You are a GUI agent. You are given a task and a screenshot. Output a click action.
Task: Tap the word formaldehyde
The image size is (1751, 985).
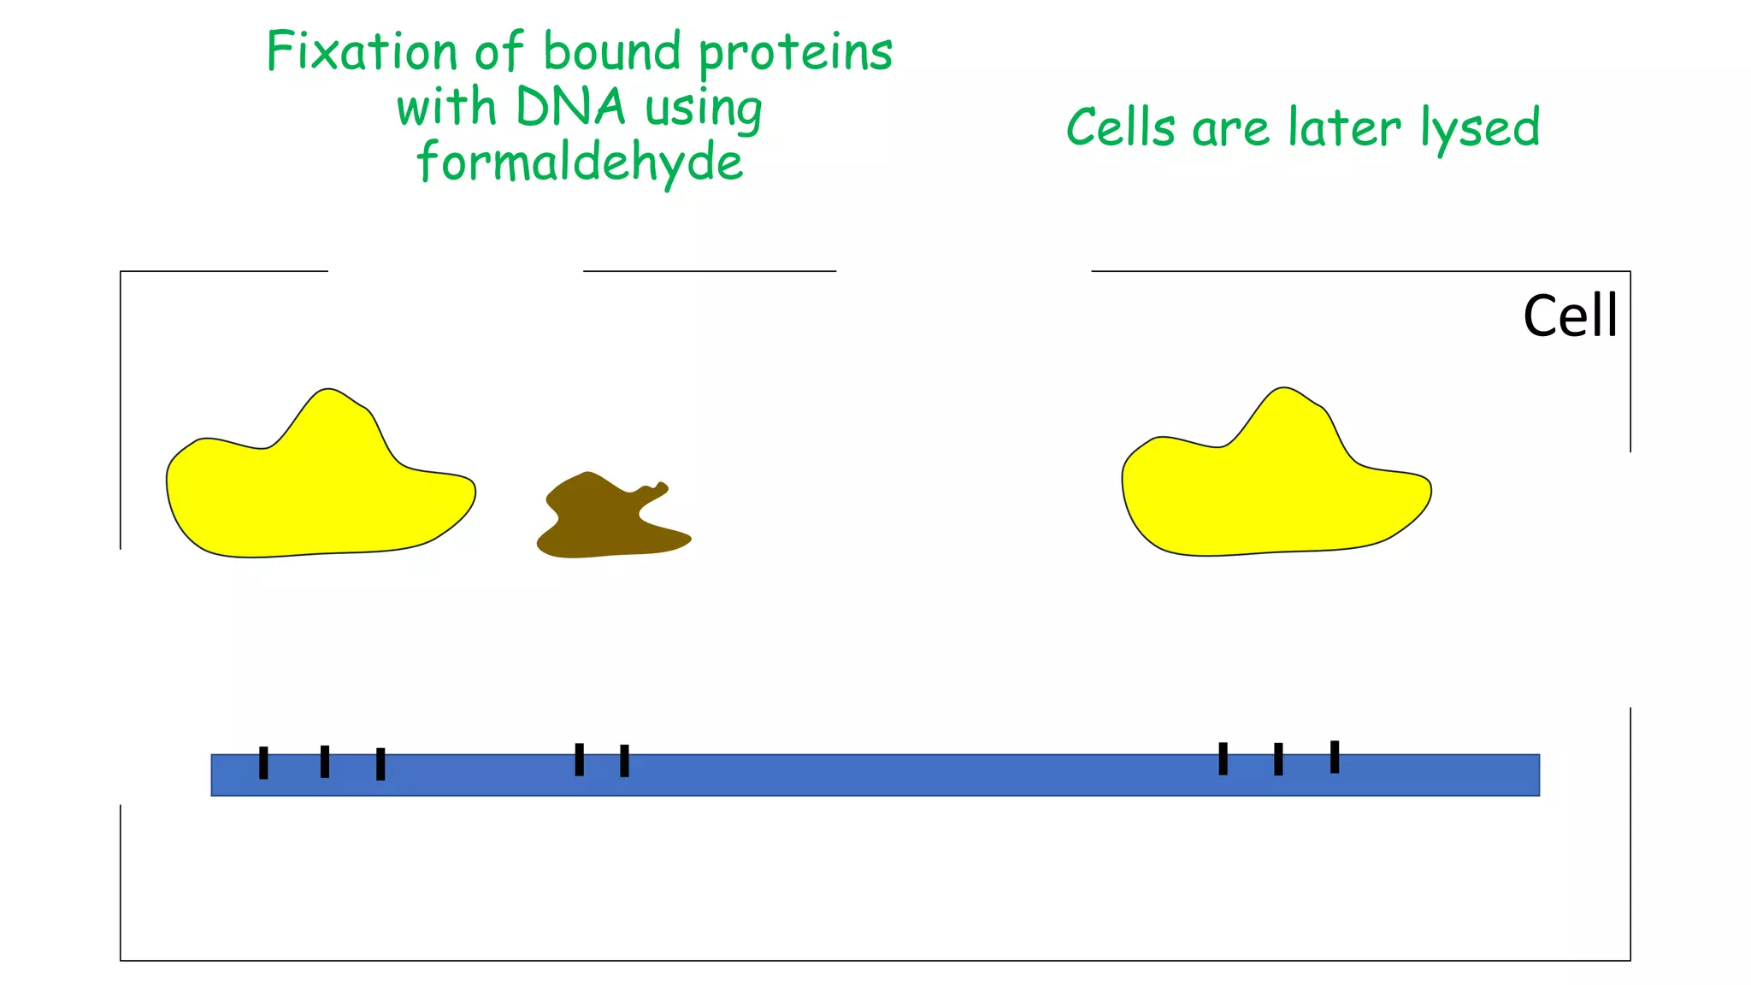click(580, 162)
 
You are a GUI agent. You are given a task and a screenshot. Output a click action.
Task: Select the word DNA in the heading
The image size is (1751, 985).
click(570, 108)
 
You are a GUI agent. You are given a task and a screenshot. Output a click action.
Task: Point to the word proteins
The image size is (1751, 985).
click(795, 53)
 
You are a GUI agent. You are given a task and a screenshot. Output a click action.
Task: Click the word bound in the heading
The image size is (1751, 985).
click(612, 51)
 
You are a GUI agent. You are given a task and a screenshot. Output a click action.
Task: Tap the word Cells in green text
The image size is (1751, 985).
click(1121, 128)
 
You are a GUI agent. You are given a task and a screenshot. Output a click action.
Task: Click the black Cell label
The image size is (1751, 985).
click(1570, 316)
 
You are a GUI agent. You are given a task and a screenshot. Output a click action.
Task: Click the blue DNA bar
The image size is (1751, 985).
click(875, 776)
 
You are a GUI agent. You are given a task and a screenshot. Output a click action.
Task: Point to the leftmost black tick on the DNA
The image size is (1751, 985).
click(263, 763)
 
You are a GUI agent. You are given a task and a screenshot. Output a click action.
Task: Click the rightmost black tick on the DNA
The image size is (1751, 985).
click(1335, 757)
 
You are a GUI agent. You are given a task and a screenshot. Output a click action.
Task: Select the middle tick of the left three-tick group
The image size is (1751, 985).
click(325, 762)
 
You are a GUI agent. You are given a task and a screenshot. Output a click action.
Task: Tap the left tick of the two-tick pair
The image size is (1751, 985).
click(580, 759)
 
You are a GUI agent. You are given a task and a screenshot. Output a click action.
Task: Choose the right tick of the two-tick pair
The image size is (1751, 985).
click(624, 761)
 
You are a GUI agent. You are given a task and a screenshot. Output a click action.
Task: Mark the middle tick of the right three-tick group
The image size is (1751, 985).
click(1278, 759)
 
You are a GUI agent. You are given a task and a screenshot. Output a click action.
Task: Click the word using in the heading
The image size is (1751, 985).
click(703, 109)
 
